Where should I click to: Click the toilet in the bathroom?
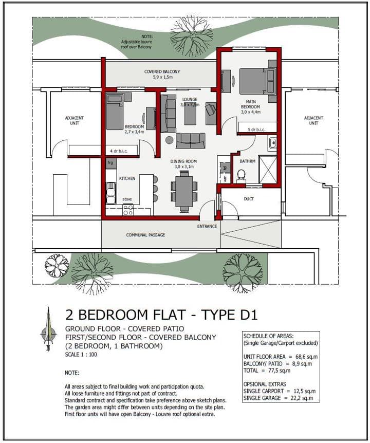(x=240, y=176)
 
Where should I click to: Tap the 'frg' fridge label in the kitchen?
(x=110, y=162)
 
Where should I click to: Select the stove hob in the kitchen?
(x=128, y=210)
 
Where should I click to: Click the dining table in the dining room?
(x=184, y=191)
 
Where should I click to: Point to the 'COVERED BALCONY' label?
(x=162, y=71)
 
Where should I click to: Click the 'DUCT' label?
(x=249, y=199)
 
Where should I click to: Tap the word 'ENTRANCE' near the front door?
(x=207, y=226)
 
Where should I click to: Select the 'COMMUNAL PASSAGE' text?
(x=145, y=235)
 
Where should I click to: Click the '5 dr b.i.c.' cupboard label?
(x=256, y=130)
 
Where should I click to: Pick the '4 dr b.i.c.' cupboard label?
(x=119, y=151)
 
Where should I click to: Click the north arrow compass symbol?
(x=48, y=329)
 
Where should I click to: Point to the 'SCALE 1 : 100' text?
(x=81, y=354)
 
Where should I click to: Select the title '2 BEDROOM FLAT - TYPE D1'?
(x=161, y=315)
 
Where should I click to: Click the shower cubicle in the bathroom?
(x=267, y=169)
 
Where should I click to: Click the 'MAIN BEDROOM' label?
(x=251, y=104)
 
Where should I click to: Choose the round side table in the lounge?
(x=170, y=140)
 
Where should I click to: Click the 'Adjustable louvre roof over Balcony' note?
(x=137, y=42)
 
